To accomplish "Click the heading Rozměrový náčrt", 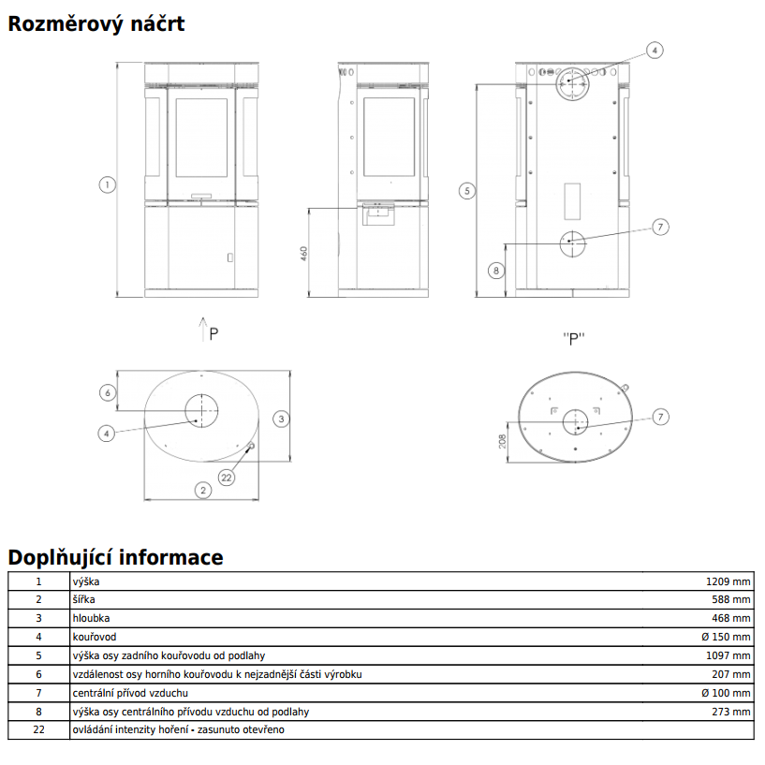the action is point(96,24).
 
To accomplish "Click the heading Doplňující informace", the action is point(115,557).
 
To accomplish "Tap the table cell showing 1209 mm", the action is point(728,581).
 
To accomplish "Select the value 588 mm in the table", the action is point(731,599).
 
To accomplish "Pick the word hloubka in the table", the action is point(91,618).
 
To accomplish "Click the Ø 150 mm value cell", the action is point(726,637).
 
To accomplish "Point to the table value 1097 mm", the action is point(728,655).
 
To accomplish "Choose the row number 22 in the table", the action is point(38,729).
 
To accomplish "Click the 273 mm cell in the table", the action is point(731,712).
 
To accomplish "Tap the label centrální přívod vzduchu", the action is point(130,693).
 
